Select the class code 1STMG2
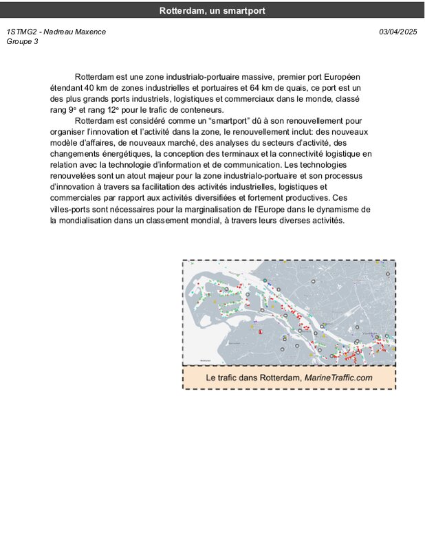(21, 32)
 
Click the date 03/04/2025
(398, 32)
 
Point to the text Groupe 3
(22, 41)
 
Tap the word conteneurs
(203, 110)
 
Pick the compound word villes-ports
(72, 209)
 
